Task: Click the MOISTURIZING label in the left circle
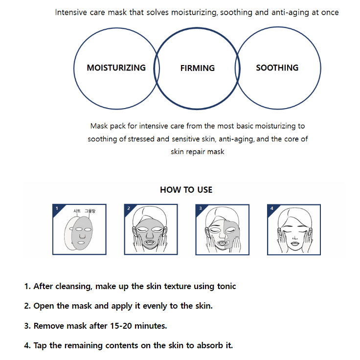[x=116, y=68]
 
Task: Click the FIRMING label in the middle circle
[x=197, y=68]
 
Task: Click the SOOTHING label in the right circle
[x=277, y=68]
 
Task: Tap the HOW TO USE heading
[x=186, y=190]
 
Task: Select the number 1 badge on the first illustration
[x=57, y=208]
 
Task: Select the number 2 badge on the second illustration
[x=128, y=208]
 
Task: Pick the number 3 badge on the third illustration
[x=200, y=208]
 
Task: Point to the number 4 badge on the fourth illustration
[x=271, y=208]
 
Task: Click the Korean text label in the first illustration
[x=84, y=211]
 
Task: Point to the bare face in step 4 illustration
[x=293, y=230]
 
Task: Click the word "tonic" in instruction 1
[x=225, y=286]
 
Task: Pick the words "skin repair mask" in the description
[x=198, y=152]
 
